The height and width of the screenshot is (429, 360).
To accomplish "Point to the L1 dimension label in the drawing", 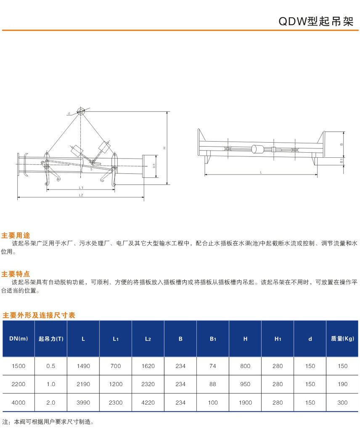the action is [81, 188].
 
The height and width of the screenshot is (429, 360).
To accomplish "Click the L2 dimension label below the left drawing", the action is [81, 195].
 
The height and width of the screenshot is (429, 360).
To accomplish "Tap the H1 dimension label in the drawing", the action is [154, 166].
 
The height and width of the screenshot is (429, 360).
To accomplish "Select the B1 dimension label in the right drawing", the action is [341, 161].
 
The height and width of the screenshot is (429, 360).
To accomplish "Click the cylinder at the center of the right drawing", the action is [257, 149].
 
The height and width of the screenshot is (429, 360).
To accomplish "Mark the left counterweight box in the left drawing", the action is [77, 151].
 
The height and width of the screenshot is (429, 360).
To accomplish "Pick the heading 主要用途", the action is [16, 235].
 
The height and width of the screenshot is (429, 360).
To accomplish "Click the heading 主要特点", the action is [16, 274].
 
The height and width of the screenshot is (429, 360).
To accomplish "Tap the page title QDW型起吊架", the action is [316, 21].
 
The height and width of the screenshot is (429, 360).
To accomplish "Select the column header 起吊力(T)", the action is [51, 339].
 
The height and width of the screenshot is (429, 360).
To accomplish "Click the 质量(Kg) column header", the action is [342, 339].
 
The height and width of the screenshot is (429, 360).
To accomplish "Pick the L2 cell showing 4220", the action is [148, 403].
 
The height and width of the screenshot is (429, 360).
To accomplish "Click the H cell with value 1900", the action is [245, 403].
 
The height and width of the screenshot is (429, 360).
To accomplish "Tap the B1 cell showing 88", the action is [213, 384].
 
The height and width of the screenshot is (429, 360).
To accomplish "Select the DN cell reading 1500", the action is [19, 366].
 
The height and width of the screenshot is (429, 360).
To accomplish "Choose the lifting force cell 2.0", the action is [51, 403].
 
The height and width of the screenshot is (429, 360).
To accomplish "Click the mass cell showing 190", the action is [342, 384].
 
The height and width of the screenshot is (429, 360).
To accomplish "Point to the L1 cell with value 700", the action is [116, 366].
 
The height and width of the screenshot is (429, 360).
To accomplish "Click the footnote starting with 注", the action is [48, 422].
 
